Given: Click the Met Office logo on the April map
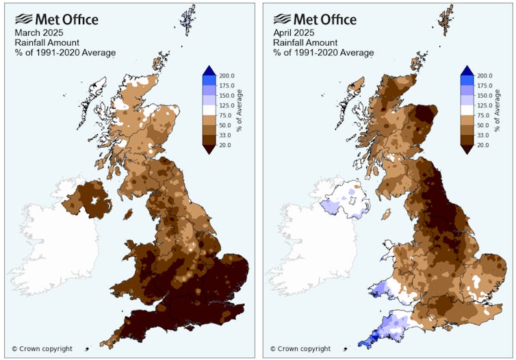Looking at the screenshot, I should pos(314,19).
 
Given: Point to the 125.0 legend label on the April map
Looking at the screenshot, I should pos(485,106).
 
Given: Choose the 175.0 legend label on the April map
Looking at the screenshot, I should pos(485,86).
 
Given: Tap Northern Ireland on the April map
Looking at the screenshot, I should pos(346,198).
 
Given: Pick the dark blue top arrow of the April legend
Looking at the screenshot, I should pos(467,70).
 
